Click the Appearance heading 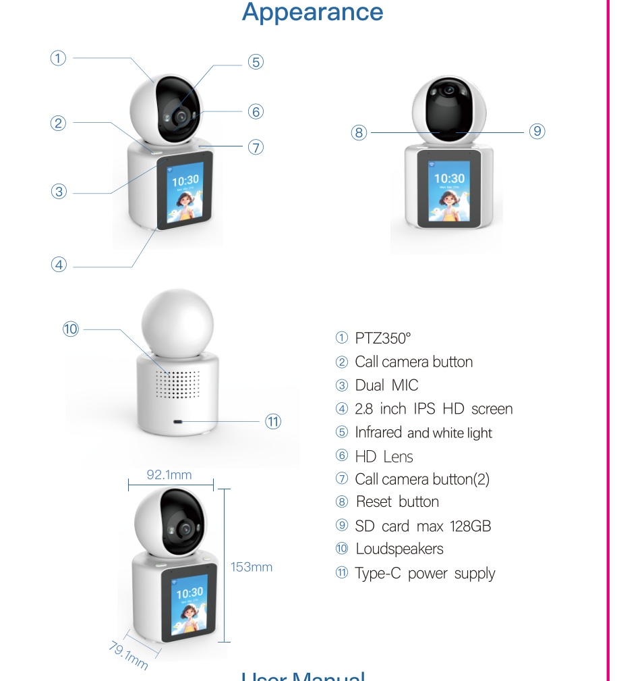tap(312, 12)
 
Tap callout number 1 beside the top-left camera tap(59, 58)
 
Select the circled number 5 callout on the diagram tap(255, 62)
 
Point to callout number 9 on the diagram tap(537, 132)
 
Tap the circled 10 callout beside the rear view tap(71, 329)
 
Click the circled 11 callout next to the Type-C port tap(272, 422)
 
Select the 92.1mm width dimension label tap(169, 475)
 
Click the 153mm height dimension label tap(252, 567)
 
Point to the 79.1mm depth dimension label tap(128, 655)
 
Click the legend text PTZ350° tap(382, 338)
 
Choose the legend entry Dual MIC tap(386, 385)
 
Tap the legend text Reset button tap(397, 501)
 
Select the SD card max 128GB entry tap(423, 526)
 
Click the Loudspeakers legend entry tap(399, 549)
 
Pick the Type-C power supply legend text tap(425, 574)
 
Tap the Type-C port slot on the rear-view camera tap(178, 422)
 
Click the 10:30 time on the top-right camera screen tap(449, 179)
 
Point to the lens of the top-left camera tap(181, 117)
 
